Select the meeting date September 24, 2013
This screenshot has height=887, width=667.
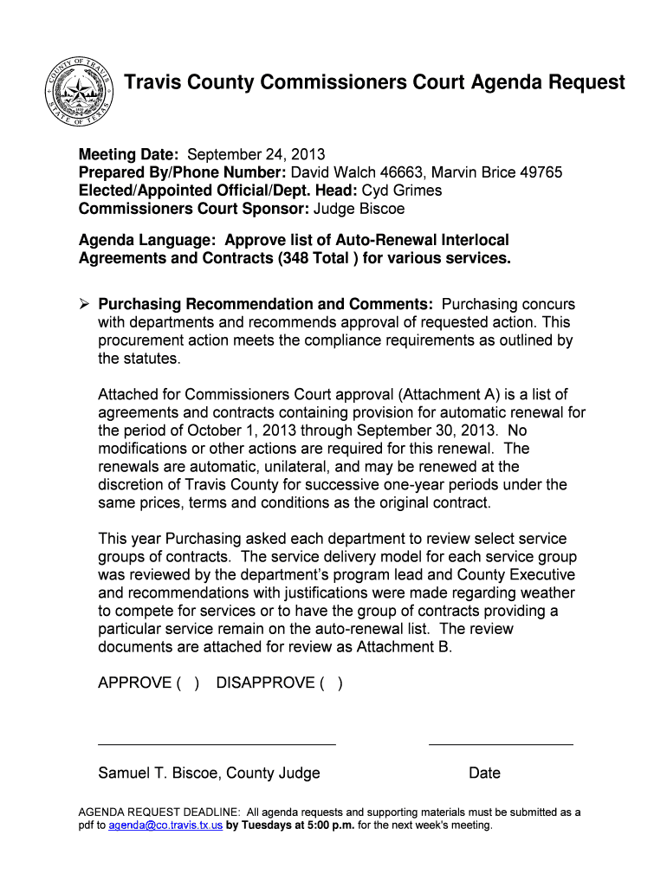(256, 155)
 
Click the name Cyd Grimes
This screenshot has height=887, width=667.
(402, 191)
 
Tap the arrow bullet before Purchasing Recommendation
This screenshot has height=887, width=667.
(84, 304)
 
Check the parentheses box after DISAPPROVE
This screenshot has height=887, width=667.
(331, 683)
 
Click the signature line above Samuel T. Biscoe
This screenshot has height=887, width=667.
(217, 744)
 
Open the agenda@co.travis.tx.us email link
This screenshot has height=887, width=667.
(165, 825)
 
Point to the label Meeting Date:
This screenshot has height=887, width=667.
(130, 155)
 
